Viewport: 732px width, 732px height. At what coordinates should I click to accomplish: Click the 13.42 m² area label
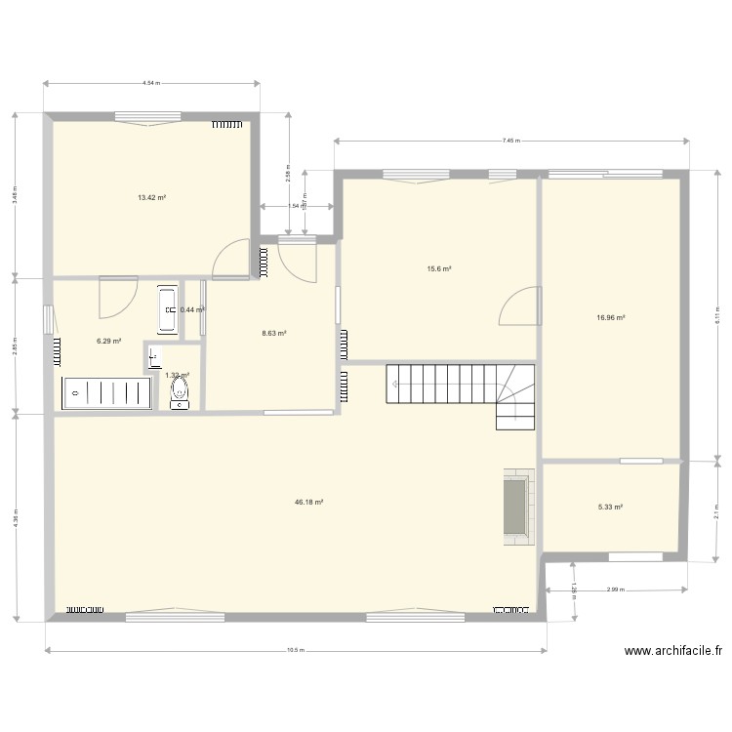pyautogui.click(x=151, y=197)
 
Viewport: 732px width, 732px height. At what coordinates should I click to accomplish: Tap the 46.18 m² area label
pyautogui.click(x=308, y=503)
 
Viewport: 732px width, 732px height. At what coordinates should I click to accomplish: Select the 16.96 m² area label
pyautogui.click(x=611, y=317)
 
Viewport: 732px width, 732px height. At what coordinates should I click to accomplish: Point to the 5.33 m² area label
pyautogui.click(x=610, y=507)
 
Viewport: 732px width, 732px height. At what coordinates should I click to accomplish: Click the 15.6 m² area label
pyautogui.click(x=438, y=268)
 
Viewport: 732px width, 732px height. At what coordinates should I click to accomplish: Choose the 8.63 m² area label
pyautogui.click(x=273, y=333)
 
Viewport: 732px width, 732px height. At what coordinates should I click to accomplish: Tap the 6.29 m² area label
pyautogui.click(x=108, y=341)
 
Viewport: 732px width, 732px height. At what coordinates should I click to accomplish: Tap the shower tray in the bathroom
pyautogui.click(x=107, y=392)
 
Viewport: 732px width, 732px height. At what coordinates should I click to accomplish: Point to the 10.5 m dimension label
pyautogui.click(x=295, y=651)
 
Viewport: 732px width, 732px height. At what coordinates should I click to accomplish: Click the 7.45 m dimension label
pyautogui.click(x=510, y=141)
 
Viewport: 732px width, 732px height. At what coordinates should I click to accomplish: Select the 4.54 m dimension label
pyautogui.click(x=150, y=84)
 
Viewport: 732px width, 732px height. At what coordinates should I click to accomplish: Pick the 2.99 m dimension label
pyautogui.click(x=615, y=590)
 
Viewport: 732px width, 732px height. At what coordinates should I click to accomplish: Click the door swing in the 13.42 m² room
pyautogui.click(x=231, y=259)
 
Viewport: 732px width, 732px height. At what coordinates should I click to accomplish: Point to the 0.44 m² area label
pyautogui.click(x=192, y=309)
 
